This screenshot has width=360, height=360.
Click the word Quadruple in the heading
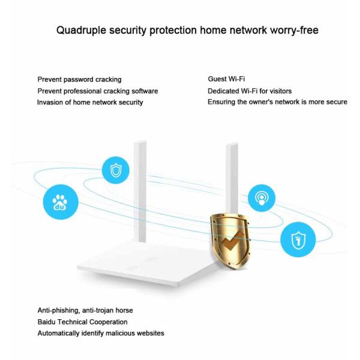pyautogui.click(x=82, y=29)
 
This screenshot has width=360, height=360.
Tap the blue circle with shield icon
pyautogui.click(x=115, y=171)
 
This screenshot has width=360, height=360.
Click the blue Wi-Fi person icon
pyautogui.click(x=262, y=198)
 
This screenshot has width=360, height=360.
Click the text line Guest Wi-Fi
pyautogui.click(x=226, y=79)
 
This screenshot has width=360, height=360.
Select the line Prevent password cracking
pyautogui.click(x=79, y=79)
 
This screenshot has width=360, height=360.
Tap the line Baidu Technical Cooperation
pyautogui.click(x=82, y=322)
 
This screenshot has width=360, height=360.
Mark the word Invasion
pyautogui.click(x=51, y=102)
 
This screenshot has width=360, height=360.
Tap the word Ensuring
pyautogui.click(x=223, y=102)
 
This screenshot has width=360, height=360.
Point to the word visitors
pyautogui.click(x=278, y=91)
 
